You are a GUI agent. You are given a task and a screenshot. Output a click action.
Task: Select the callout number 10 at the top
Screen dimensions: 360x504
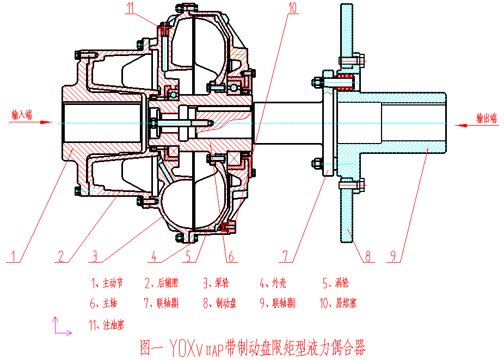[293, 7]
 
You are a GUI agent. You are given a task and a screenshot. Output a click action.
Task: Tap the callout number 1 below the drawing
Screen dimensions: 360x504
[15, 255]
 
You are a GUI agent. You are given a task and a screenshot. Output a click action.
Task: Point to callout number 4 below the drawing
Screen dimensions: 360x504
[155, 255]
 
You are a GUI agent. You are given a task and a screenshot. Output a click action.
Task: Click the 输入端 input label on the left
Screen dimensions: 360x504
[22, 115]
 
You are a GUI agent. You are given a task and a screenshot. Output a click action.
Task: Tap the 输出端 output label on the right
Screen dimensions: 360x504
[487, 118]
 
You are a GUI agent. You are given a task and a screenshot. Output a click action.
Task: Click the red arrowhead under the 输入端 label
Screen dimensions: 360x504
[48, 122]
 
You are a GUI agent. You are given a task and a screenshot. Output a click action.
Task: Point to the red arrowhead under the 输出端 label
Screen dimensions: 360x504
[460, 126]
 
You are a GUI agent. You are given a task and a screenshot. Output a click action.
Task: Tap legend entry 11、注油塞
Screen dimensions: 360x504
[106, 325]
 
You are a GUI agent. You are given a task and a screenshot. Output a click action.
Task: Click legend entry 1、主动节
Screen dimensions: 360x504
[107, 283]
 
